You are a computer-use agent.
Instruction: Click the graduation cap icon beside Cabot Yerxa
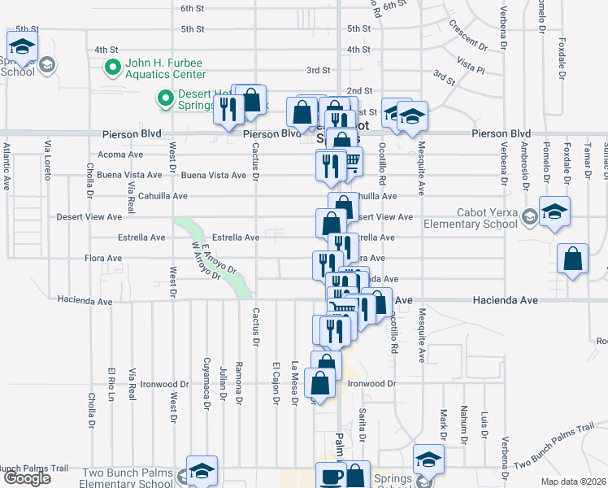[x=554, y=212]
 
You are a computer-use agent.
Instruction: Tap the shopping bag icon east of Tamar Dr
[x=573, y=260]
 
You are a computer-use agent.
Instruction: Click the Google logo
[x=27, y=478]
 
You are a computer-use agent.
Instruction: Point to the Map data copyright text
[x=573, y=481]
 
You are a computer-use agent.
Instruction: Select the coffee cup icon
[x=330, y=477]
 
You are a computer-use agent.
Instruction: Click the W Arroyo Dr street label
[x=206, y=261]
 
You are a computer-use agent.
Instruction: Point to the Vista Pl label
[x=470, y=61]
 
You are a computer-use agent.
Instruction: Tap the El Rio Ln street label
[x=110, y=386]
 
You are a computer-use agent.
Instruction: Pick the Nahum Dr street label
[x=463, y=420]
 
